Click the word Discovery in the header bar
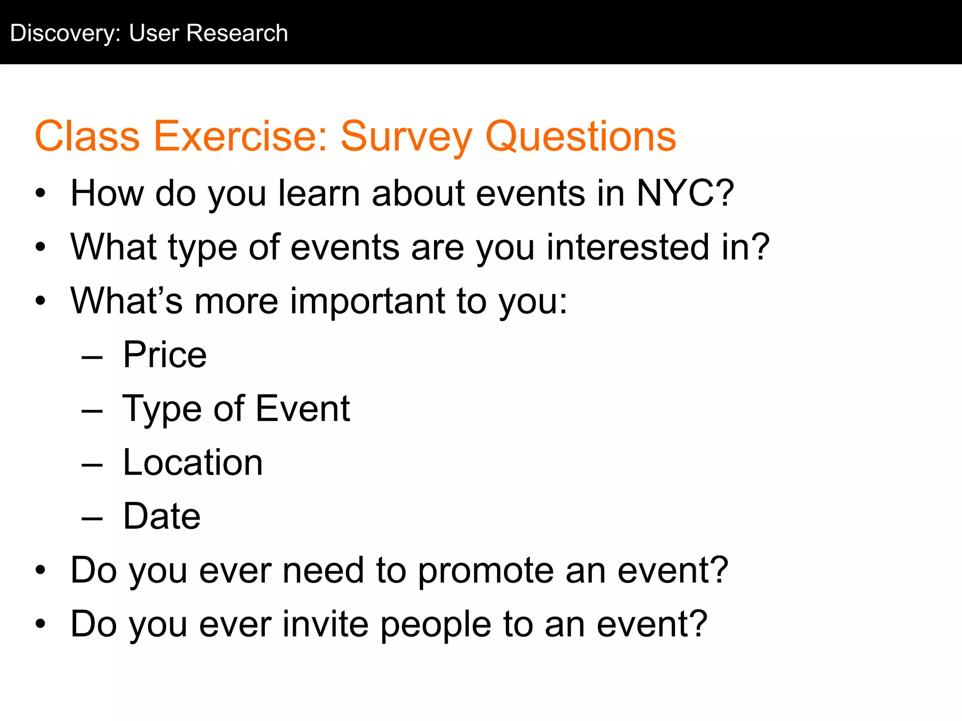pos(65,34)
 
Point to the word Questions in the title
pos(581,137)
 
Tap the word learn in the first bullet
pos(319,193)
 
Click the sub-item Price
pos(164,355)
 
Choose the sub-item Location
pos(193,462)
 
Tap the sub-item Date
pos(162,516)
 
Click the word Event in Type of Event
pos(303,408)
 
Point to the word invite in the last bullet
pos(326,624)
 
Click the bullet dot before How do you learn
pos(41,193)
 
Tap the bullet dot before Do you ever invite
pos(41,624)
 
